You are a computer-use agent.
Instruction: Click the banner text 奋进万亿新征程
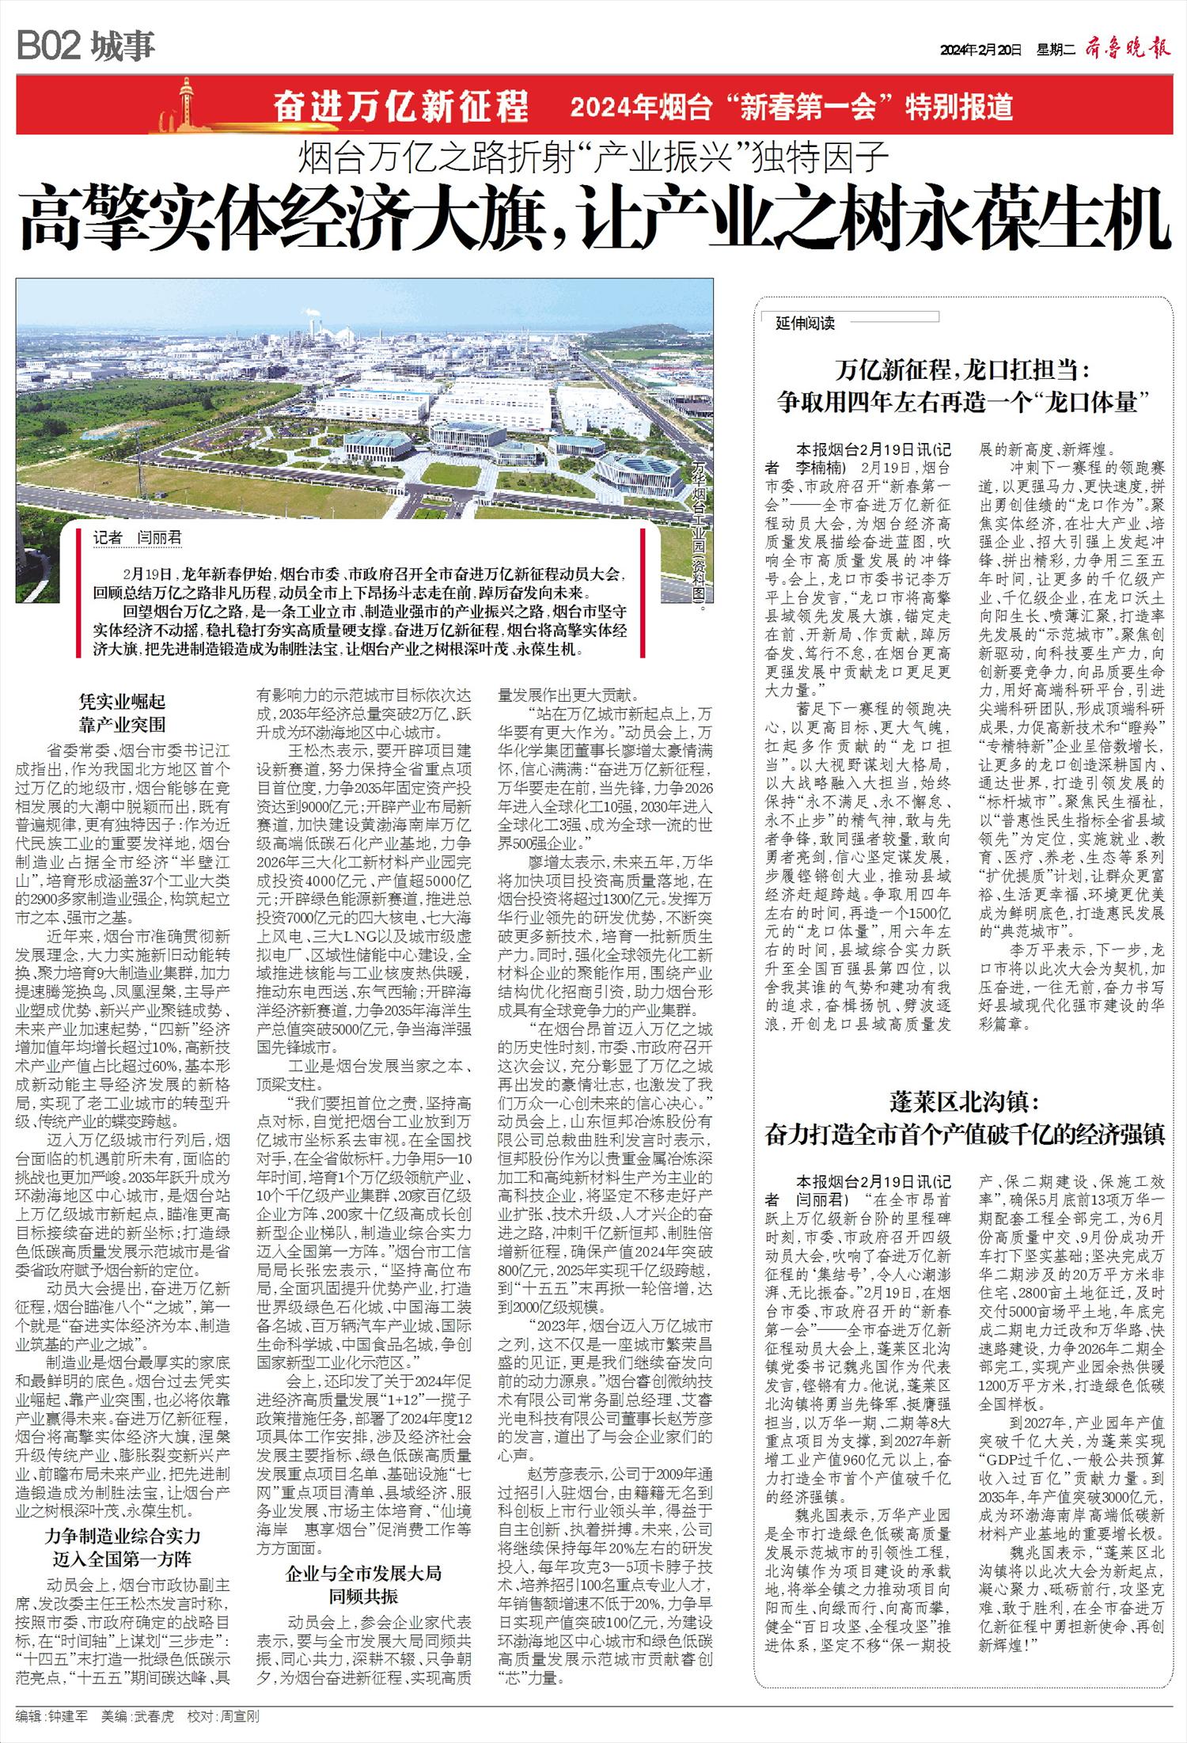tap(400, 106)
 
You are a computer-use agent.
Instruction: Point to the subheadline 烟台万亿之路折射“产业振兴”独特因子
tap(593, 157)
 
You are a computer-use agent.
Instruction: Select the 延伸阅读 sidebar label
tap(805, 323)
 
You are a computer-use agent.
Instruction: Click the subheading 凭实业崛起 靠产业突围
tap(122, 712)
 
